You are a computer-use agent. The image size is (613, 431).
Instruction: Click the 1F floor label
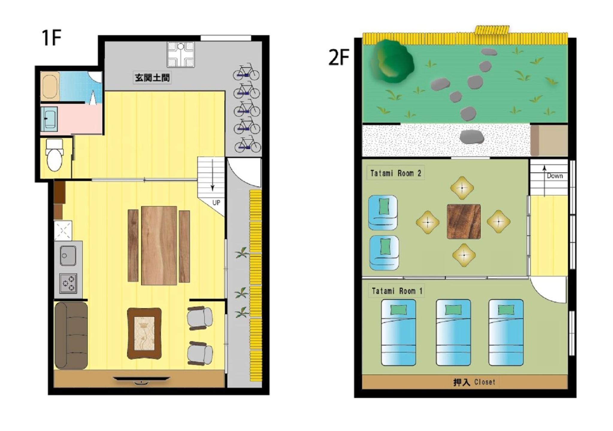pyautogui.click(x=52, y=38)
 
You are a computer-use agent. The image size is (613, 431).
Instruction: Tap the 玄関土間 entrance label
pyautogui.click(x=152, y=78)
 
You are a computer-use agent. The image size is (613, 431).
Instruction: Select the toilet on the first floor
pyautogui.click(x=54, y=155)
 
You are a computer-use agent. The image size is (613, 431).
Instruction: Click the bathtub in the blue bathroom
pyautogui.click(x=50, y=87)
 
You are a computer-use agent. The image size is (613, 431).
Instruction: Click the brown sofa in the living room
pyautogui.click(x=71, y=335)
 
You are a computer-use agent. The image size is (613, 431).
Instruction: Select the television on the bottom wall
pyautogui.click(x=141, y=380)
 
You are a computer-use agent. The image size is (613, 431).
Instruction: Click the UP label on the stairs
pyautogui.click(x=216, y=203)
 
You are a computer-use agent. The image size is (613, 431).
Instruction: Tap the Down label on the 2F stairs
pyautogui.click(x=555, y=176)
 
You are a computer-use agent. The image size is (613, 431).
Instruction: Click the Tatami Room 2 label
pyautogui.click(x=396, y=173)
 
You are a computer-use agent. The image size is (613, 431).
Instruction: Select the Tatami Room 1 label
pyautogui.click(x=397, y=291)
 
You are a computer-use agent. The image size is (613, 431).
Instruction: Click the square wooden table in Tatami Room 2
pyautogui.click(x=464, y=221)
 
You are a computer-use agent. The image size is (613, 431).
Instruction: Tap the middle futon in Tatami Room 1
pyautogui.click(x=453, y=332)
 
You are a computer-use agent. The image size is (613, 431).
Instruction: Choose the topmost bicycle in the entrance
pyautogui.click(x=246, y=72)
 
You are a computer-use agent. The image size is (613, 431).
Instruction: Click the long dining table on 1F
pyautogui.click(x=159, y=245)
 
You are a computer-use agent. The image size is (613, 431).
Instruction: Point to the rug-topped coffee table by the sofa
pyautogui.click(x=144, y=333)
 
